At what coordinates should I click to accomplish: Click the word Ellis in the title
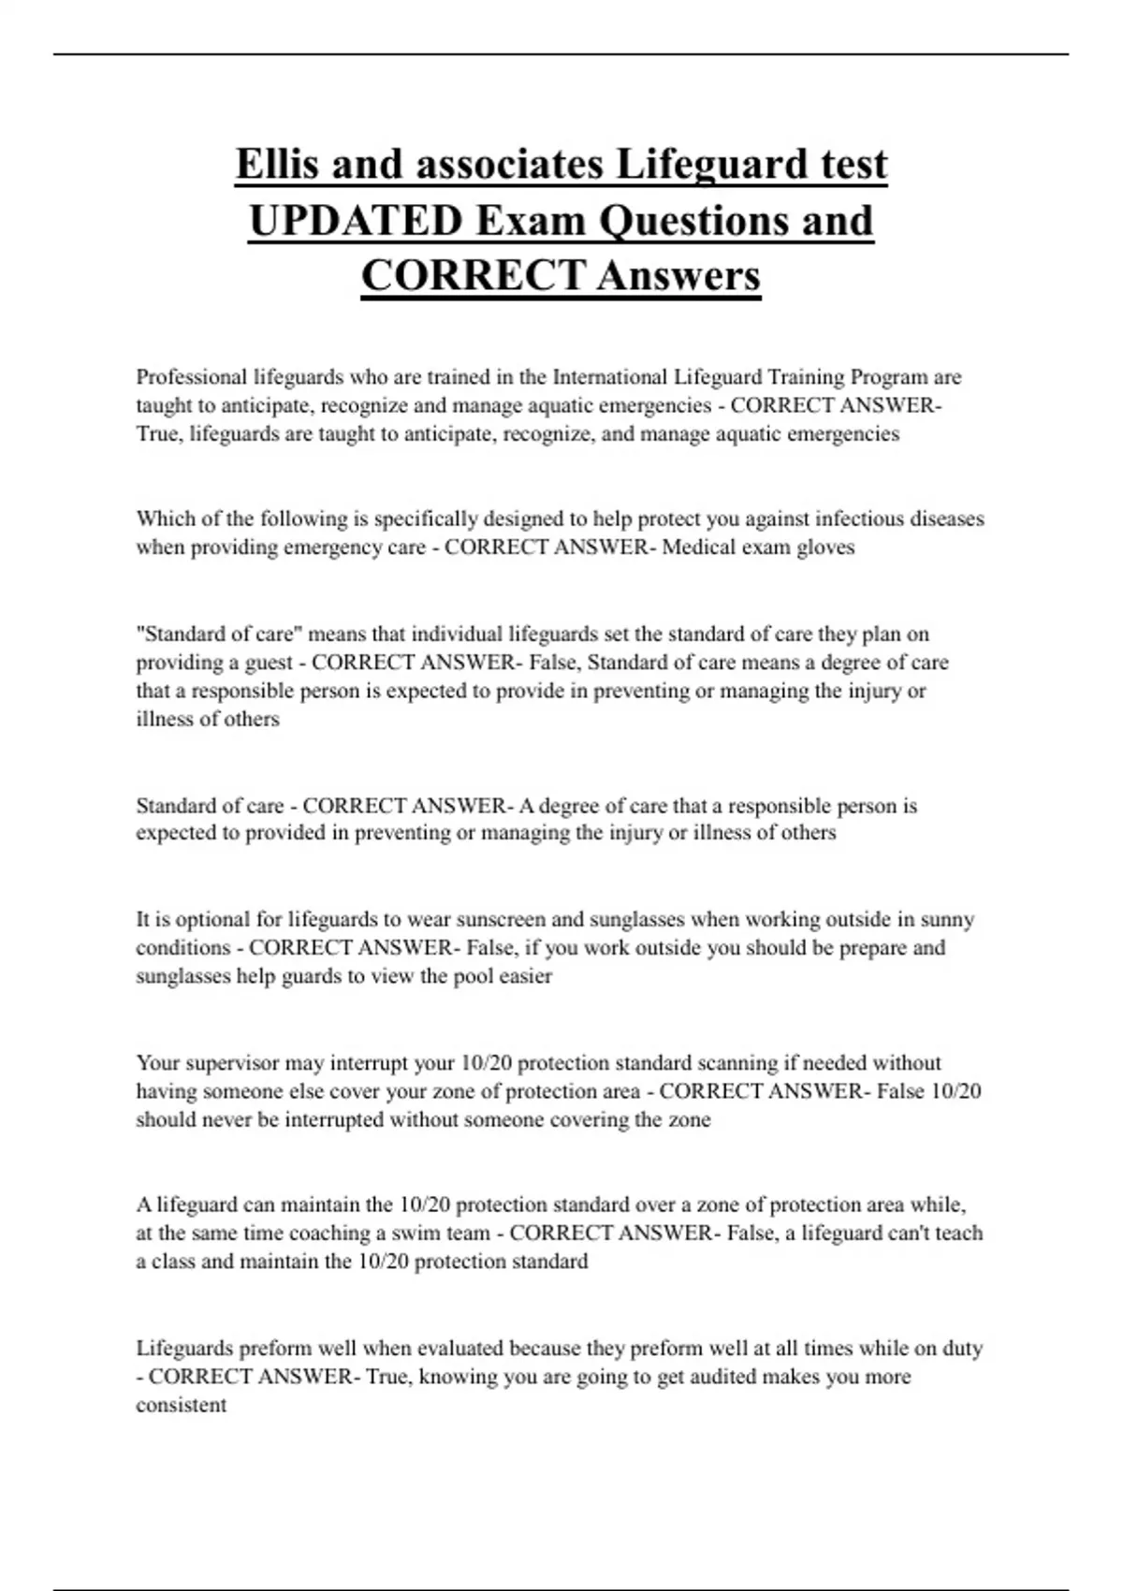coord(277,165)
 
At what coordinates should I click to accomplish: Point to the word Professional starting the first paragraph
coord(192,377)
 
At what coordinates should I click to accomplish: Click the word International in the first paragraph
coord(610,377)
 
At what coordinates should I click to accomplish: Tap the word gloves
coord(825,547)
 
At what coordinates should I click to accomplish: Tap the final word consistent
coord(182,1406)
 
